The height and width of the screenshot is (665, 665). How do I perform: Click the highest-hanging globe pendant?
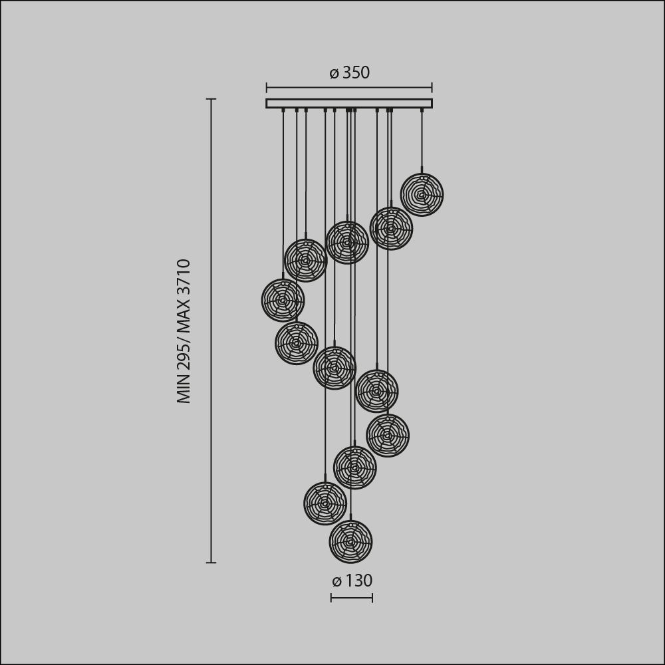(x=422, y=195)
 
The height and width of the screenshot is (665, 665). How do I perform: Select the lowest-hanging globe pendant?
(x=350, y=542)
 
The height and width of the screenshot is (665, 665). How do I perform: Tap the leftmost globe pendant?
(x=283, y=301)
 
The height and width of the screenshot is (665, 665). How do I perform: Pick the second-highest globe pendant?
(x=391, y=229)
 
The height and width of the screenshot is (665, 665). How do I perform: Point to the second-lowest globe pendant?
(x=325, y=503)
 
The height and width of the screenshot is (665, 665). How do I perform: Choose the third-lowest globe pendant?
(x=354, y=467)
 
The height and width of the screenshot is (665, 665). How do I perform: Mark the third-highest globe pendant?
(x=347, y=243)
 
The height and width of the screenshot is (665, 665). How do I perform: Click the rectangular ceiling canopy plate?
(x=349, y=103)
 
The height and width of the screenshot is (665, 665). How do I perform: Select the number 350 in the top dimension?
(x=356, y=73)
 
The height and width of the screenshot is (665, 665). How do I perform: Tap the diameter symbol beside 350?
(x=334, y=74)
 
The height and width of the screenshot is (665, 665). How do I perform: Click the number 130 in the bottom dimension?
(x=359, y=581)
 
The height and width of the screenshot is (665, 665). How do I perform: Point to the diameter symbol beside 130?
(x=336, y=582)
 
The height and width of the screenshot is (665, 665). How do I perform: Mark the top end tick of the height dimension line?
(x=211, y=99)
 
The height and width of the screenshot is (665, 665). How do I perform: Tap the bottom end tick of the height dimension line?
(x=211, y=563)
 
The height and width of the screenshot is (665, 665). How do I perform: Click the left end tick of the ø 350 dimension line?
(x=267, y=87)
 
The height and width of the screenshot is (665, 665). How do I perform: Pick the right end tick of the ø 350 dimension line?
(x=432, y=87)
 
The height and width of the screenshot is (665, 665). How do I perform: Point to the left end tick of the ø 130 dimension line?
(x=331, y=598)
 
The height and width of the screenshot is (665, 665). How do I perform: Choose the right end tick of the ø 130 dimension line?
(x=372, y=598)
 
